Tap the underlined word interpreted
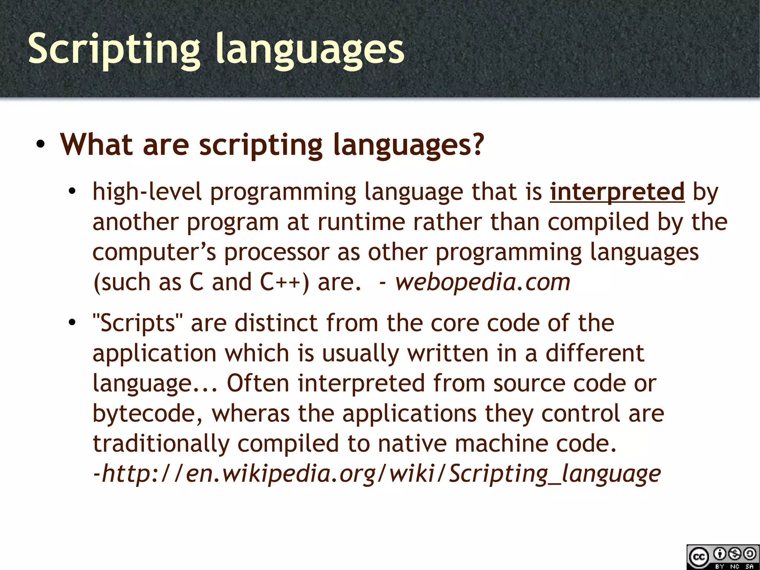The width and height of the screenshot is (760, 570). coord(617,192)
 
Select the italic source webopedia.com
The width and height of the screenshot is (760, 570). coord(482,282)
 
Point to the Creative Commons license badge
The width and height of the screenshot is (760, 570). coord(722,557)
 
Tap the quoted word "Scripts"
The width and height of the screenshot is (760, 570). coord(138,323)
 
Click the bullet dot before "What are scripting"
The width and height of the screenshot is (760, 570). coord(41,145)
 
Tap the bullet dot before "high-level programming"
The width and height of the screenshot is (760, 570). coord(72,192)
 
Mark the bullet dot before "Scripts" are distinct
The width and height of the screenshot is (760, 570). coord(72,323)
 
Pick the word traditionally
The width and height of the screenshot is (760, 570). coord(161,443)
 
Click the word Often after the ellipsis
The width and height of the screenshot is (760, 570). coord(258,383)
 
